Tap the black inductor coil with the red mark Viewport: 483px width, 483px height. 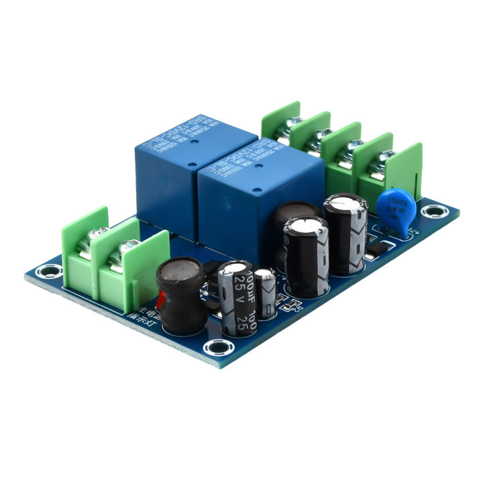(x=179, y=295)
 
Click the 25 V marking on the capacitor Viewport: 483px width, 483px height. (x=231, y=295)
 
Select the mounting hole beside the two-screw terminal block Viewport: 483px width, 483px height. (x=46, y=272)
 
